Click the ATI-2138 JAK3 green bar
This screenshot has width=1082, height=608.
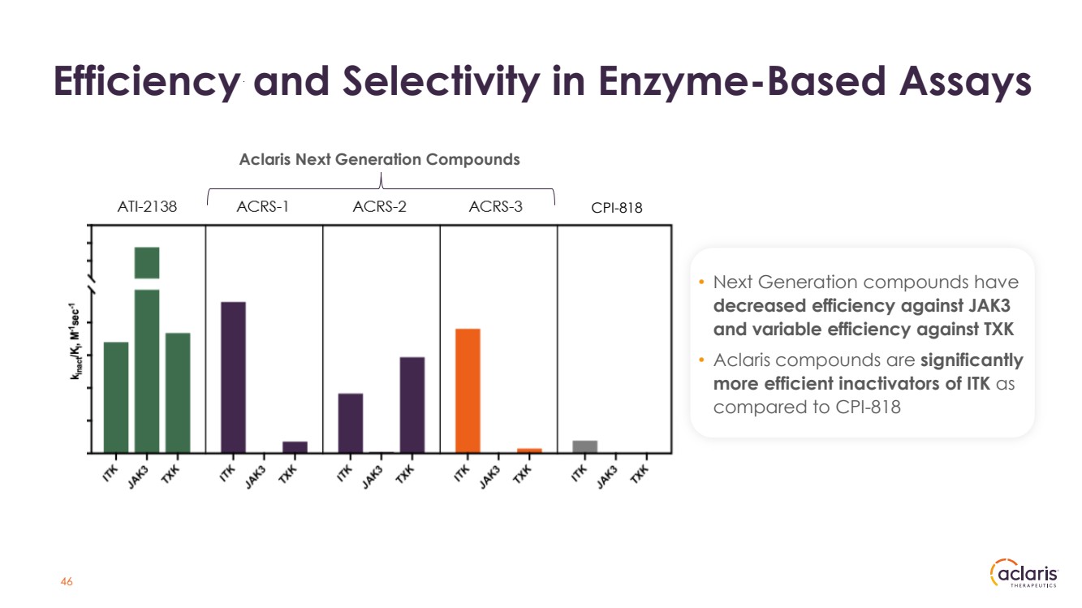click(x=147, y=357)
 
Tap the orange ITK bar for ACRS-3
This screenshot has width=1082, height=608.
click(x=468, y=390)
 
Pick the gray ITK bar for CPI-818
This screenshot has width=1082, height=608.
click(x=584, y=446)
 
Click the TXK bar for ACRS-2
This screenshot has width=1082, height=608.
click(x=412, y=404)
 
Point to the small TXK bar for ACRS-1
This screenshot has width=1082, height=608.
click(x=295, y=446)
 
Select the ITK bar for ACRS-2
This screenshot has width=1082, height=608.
click(x=351, y=422)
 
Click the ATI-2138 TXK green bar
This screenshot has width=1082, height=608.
click(x=178, y=392)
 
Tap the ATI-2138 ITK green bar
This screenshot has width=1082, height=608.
click(x=116, y=397)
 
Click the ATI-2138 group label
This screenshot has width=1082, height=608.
click(x=147, y=207)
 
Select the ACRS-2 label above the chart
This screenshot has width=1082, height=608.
click(x=379, y=207)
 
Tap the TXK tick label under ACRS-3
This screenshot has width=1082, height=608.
click(x=524, y=472)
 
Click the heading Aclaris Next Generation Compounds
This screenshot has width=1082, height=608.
click(x=379, y=159)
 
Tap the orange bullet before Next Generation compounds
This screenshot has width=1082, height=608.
click(x=702, y=282)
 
